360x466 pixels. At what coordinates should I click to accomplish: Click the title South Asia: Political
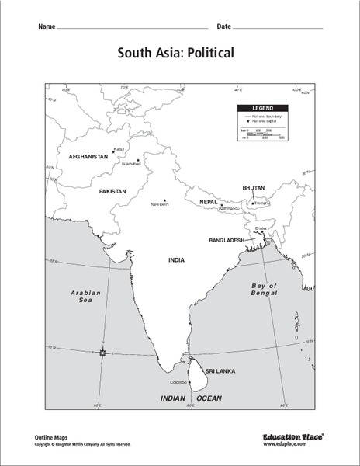point(179,54)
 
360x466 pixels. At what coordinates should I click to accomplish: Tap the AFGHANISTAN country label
point(88,156)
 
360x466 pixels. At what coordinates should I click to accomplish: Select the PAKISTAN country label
point(112,190)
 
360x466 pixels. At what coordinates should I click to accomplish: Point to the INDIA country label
point(176,259)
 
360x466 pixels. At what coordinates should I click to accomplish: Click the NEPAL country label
point(208,201)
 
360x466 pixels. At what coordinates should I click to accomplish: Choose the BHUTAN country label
point(253,188)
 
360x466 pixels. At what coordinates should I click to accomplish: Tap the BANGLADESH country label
point(227,241)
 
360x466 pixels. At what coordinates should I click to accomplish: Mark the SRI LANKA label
point(220,371)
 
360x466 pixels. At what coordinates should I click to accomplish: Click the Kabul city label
point(119,148)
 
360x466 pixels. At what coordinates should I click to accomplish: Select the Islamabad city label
point(131,164)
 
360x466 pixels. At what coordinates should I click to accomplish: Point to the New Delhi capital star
point(164,200)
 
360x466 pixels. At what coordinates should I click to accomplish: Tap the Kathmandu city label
point(230,208)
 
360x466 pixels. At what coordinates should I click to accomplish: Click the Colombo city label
point(179,382)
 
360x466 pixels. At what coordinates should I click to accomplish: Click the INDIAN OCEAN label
point(191,398)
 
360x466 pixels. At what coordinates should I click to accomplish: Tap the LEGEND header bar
point(263,109)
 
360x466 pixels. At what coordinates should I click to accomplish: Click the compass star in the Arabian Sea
point(102,353)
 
